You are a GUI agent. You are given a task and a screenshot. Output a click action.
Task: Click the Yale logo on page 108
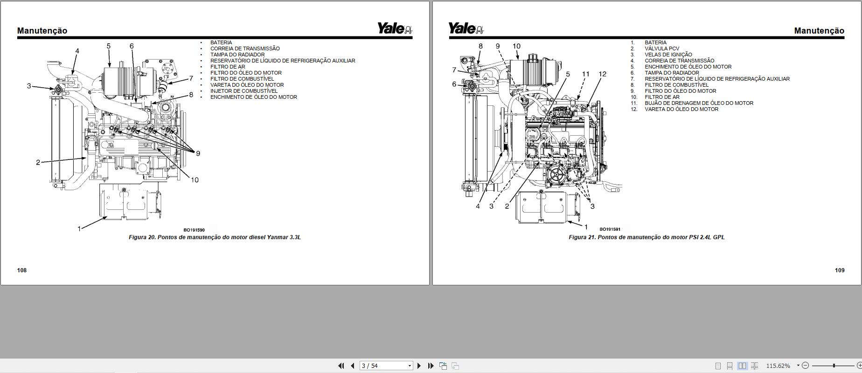click(x=395, y=28)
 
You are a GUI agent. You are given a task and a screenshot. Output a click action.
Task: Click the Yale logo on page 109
click(x=466, y=28)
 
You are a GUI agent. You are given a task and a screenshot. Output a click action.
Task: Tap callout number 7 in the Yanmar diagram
click(x=191, y=78)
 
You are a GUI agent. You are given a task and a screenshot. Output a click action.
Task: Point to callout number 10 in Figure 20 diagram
click(x=195, y=180)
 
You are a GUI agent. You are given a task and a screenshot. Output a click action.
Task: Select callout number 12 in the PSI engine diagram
click(x=602, y=74)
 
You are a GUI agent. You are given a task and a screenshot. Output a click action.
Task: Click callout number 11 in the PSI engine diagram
click(x=586, y=74)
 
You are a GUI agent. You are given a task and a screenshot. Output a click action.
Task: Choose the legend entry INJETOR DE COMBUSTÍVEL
click(x=244, y=91)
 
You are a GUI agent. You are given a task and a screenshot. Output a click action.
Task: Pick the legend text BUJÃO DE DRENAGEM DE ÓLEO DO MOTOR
click(x=699, y=103)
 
